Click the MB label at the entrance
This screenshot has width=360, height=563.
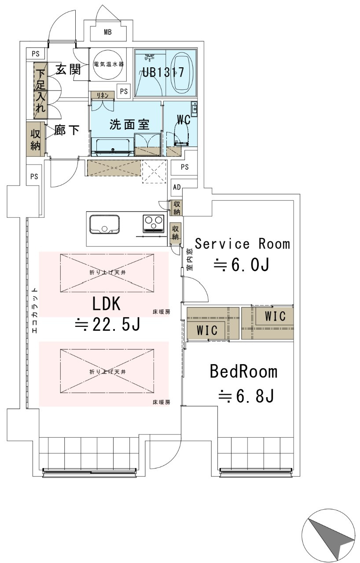[x=108, y=32]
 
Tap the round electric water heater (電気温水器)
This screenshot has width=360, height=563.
[x=108, y=64]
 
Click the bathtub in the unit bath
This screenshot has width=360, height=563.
[x=181, y=73]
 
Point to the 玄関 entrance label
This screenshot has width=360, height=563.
[x=67, y=69]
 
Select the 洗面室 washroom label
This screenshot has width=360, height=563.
[x=129, y=124]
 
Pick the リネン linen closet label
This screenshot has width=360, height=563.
[x=103, y=94]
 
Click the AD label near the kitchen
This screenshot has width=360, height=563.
[x=177, y=187]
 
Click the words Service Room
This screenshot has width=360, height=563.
[x=242, y=243]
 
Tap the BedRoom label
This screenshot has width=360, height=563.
[x=243, y=372]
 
